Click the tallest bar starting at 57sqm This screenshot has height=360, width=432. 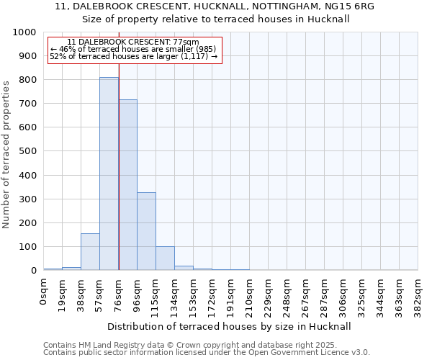point(109,174)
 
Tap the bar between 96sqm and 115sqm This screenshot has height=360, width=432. point(146,231)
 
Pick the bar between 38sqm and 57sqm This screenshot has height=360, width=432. point(90,252)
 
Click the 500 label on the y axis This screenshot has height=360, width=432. point(27,151)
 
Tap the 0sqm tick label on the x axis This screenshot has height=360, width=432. point(44,289)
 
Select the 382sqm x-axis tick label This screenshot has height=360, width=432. point(418,294)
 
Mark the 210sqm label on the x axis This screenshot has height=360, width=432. point(250,294)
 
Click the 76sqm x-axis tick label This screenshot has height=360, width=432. point(119,292)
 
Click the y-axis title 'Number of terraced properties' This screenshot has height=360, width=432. point(7,155)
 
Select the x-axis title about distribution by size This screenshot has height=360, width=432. point(230,326)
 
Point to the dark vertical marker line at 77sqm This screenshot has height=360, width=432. point(119,180)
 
